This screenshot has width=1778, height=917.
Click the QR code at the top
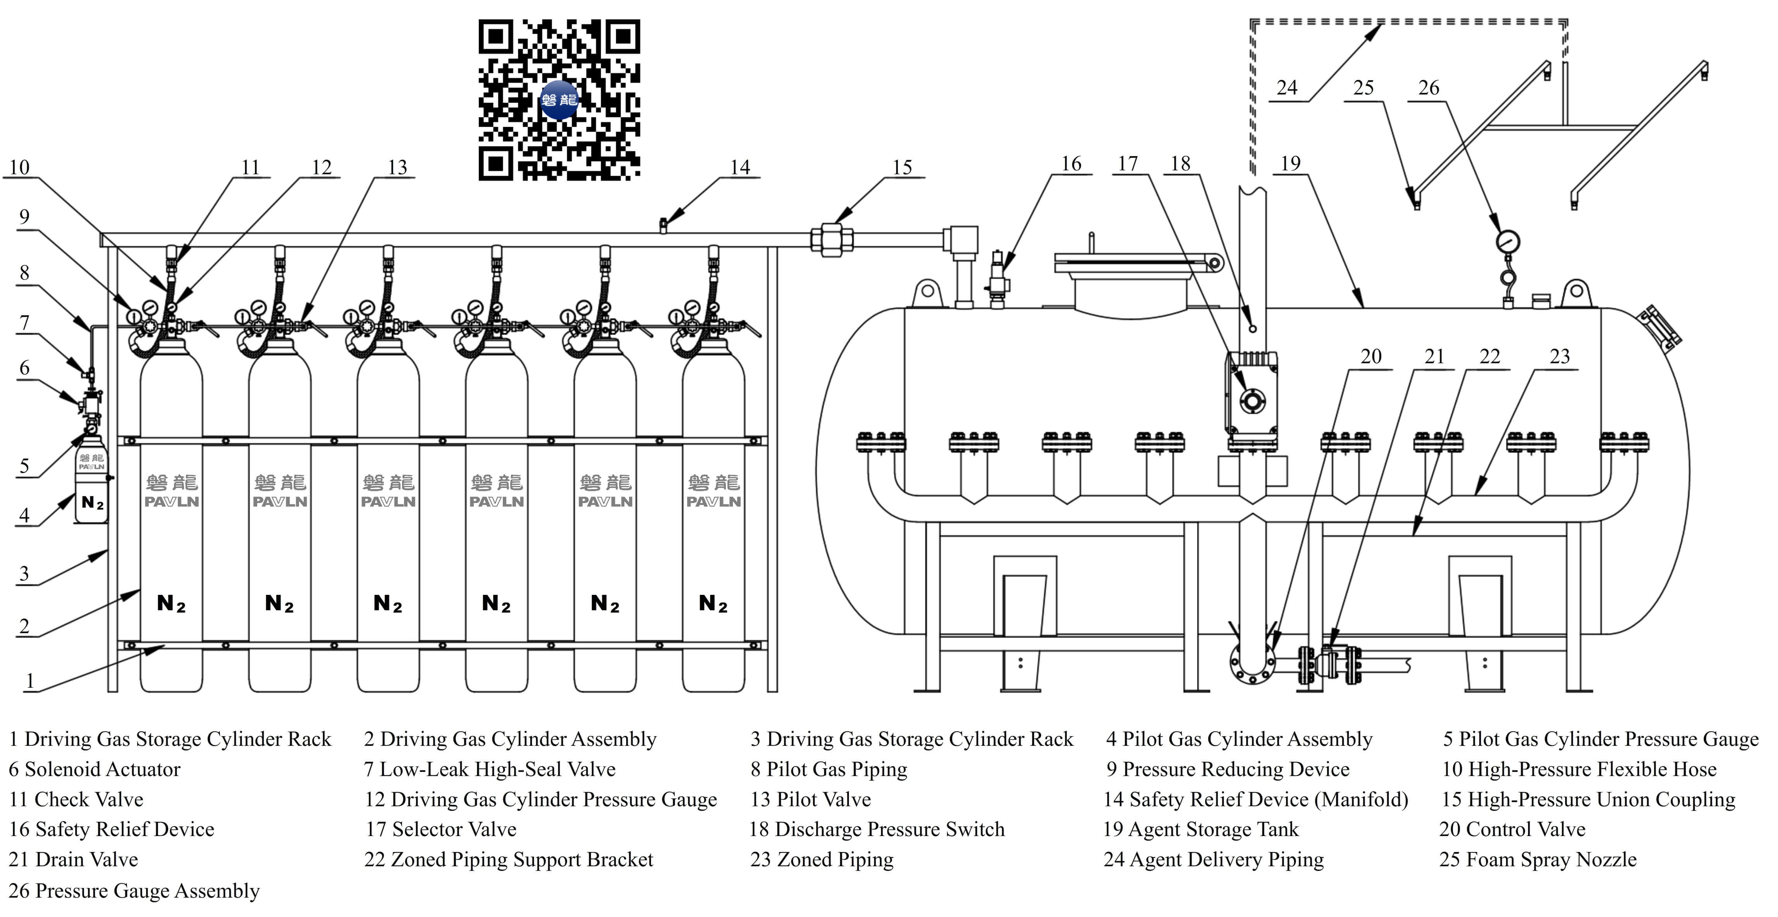point(559,100)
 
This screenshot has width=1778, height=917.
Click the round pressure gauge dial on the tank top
point(1508,242)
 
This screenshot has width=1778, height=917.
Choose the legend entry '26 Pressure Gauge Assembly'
point(134,891)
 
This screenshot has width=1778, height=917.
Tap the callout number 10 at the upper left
point(19,168)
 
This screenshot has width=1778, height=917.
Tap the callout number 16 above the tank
point(1071,164)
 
